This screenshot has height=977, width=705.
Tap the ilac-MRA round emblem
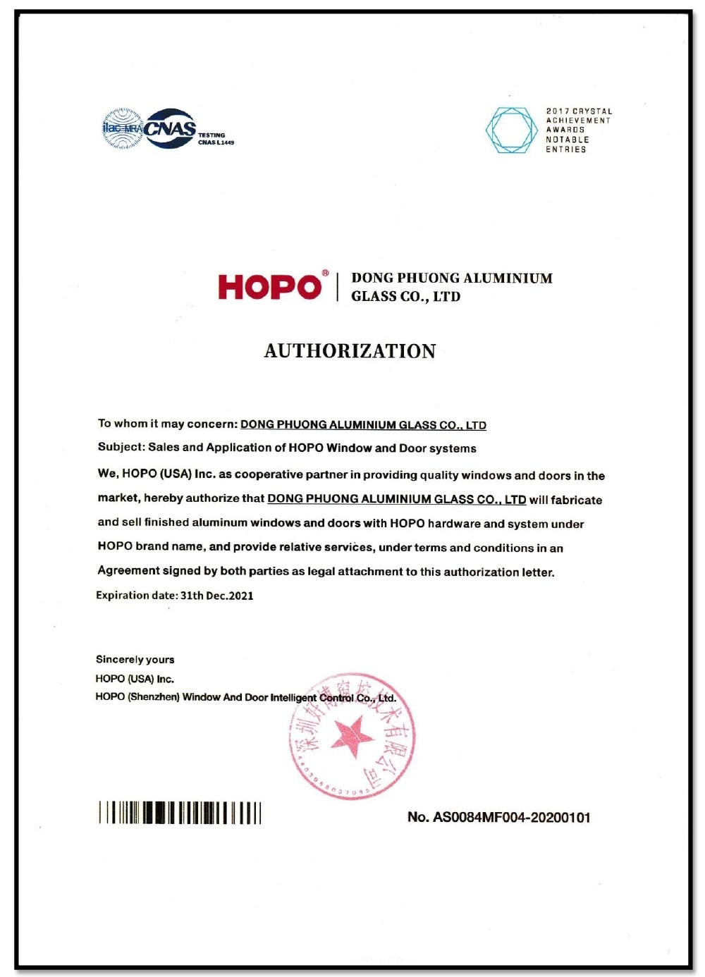click(x=122, y=128)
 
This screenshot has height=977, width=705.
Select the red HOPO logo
click(x=269, y=287)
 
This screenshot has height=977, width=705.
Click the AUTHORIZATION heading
click(x=350, y=351)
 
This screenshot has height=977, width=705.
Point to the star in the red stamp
click(x=351, y=736)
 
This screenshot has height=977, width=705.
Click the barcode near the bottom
click(x=180, y=813)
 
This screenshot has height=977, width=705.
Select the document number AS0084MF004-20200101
click(x=511, y=818)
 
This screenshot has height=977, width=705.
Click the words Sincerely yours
click(x=135, y=660)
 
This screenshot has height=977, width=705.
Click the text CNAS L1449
click(x=216, y=142)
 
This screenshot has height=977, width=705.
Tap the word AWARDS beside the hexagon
click(x=565, y=130)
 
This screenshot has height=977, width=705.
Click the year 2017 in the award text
click(x=557, y=111)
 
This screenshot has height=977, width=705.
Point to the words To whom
click(x=122, y=424)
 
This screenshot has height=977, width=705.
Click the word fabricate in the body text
click(x=576, y=500)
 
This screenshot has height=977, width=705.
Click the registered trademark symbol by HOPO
click(x=325, y=273)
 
